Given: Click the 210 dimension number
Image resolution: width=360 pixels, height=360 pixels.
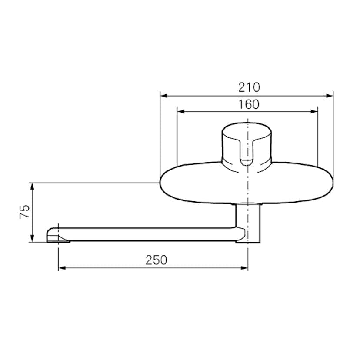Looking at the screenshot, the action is point(249,87).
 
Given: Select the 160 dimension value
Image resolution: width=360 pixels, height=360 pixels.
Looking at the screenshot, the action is point(249,104).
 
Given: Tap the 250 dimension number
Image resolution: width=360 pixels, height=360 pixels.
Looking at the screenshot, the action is point(157,260).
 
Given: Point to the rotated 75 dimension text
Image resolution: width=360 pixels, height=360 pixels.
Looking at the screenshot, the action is point(25,211).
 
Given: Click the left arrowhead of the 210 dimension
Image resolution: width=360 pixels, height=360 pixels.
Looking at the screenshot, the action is point(163,96).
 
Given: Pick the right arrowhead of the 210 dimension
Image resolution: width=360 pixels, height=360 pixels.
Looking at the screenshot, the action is point(330,96).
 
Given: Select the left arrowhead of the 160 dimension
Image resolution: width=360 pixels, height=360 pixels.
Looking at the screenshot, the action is point(181,112).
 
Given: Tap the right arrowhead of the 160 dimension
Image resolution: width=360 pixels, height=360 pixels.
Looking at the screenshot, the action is point(314,112).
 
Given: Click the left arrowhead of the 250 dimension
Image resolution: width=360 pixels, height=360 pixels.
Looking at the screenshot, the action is point(62,268).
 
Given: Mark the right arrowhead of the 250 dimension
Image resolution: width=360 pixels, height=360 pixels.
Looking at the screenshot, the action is point(244,268).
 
